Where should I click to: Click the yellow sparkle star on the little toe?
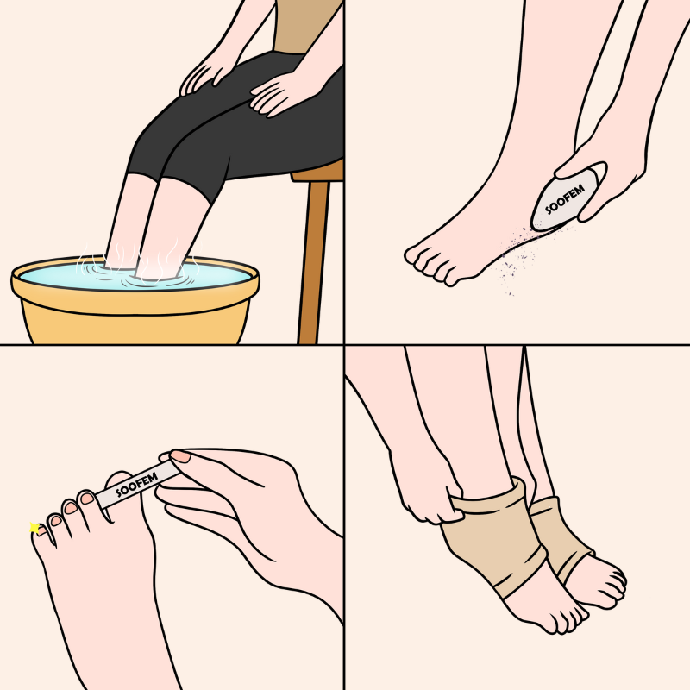coord(34,527)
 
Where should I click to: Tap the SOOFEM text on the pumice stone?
coord(565,199)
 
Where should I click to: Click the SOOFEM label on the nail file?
coord(136,485)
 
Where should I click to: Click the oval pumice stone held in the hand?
coord(568,198)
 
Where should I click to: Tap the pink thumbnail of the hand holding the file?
coord(180,456)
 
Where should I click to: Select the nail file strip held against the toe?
coord(137,484)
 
